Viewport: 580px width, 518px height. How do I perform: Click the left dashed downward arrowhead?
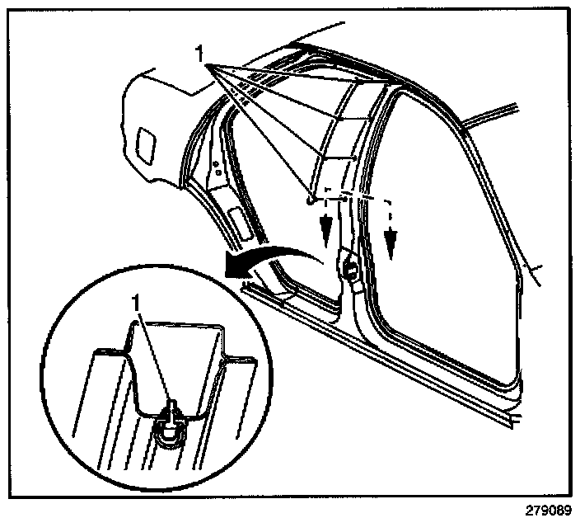329,227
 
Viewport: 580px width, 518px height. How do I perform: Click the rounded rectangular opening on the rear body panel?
149,142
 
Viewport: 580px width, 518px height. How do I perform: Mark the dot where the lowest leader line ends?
308,199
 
